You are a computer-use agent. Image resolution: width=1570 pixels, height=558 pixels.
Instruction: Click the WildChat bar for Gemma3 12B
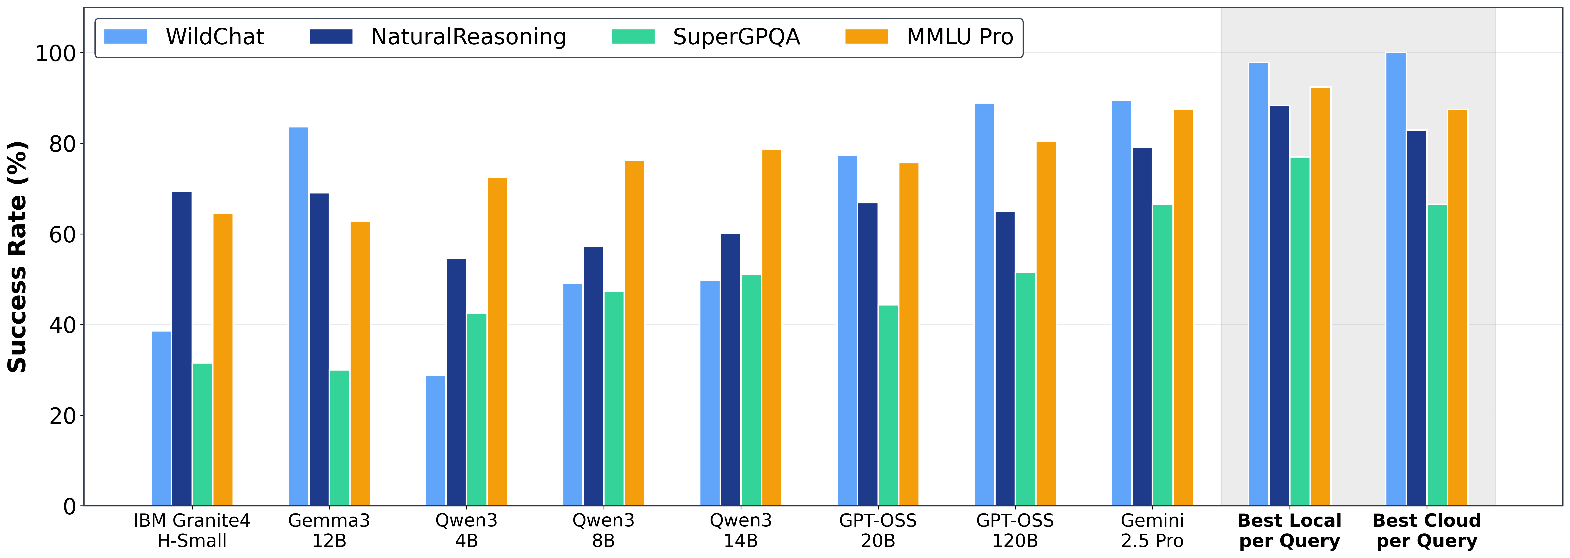click(299, 317)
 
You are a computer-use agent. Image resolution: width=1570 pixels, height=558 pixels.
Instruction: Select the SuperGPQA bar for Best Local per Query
click(1300, 332)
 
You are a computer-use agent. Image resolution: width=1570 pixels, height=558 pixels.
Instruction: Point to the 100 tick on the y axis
click(56, 53)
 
